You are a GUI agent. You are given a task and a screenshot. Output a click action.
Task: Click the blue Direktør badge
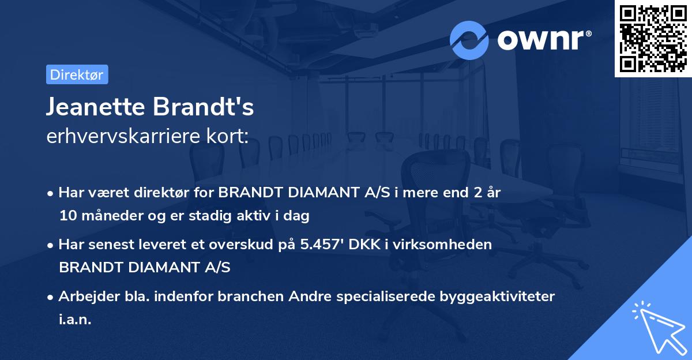pos(77,74)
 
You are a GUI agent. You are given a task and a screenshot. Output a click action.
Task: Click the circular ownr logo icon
pos(469,40)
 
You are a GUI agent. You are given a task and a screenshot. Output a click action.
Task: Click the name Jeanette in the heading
pos(95,108)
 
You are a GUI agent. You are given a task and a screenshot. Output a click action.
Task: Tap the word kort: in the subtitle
pos(229,136)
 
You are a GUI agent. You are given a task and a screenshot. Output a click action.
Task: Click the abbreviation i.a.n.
pos(75,319)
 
